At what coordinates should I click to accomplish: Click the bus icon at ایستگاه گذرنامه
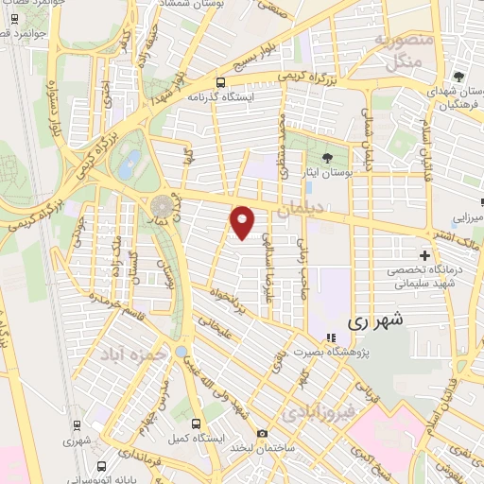pos(219,82)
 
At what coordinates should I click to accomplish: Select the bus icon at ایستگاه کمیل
pos(196,423)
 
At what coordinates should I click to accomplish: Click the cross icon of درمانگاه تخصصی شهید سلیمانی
pos(424,255)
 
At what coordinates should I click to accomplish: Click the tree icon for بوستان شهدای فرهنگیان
pos(458,76)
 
